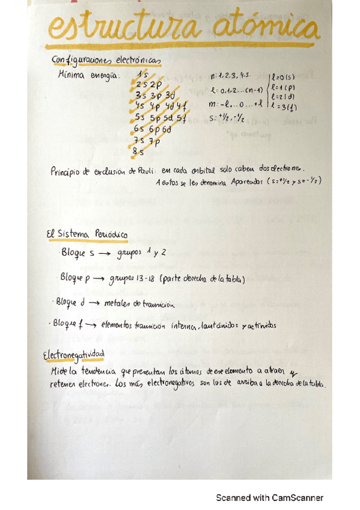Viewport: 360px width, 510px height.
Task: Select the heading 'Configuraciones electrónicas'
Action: (105, 62)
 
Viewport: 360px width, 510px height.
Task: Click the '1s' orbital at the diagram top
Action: (142, 75)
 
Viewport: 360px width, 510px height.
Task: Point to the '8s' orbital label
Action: (139, 153)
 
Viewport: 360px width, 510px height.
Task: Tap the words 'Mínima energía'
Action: (88, 76)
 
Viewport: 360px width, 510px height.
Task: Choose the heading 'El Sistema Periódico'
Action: (87, 234)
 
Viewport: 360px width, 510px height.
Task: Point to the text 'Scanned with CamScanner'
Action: (270, 498)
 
